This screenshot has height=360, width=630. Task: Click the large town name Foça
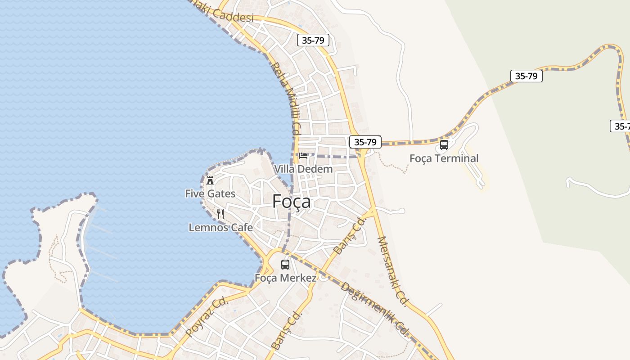(x=291, y=202)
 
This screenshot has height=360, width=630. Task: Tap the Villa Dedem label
(x=303, y=169)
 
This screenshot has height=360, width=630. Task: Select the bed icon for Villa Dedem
(x=303, y=156)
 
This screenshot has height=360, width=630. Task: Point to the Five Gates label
(x=210, y=193)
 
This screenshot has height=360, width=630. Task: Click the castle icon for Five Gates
(x=210, y=180)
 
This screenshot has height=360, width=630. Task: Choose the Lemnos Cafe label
(x=220, y=228)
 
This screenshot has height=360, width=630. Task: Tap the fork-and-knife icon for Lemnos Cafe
(x=220, y=214)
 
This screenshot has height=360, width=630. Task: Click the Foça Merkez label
(x=285, y=278)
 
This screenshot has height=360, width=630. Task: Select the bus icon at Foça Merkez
(x=285, y=265)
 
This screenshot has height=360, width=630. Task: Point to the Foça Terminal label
(x=444, y=158)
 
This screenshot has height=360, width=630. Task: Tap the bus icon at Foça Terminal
(x=444, y=145)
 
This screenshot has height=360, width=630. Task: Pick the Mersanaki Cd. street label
(x=392, y=271)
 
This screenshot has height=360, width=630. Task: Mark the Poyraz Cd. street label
(x=207, y=317)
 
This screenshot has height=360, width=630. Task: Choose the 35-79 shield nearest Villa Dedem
(x=365, y=142)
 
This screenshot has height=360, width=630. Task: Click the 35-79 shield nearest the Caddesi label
(x=313, y=40)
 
